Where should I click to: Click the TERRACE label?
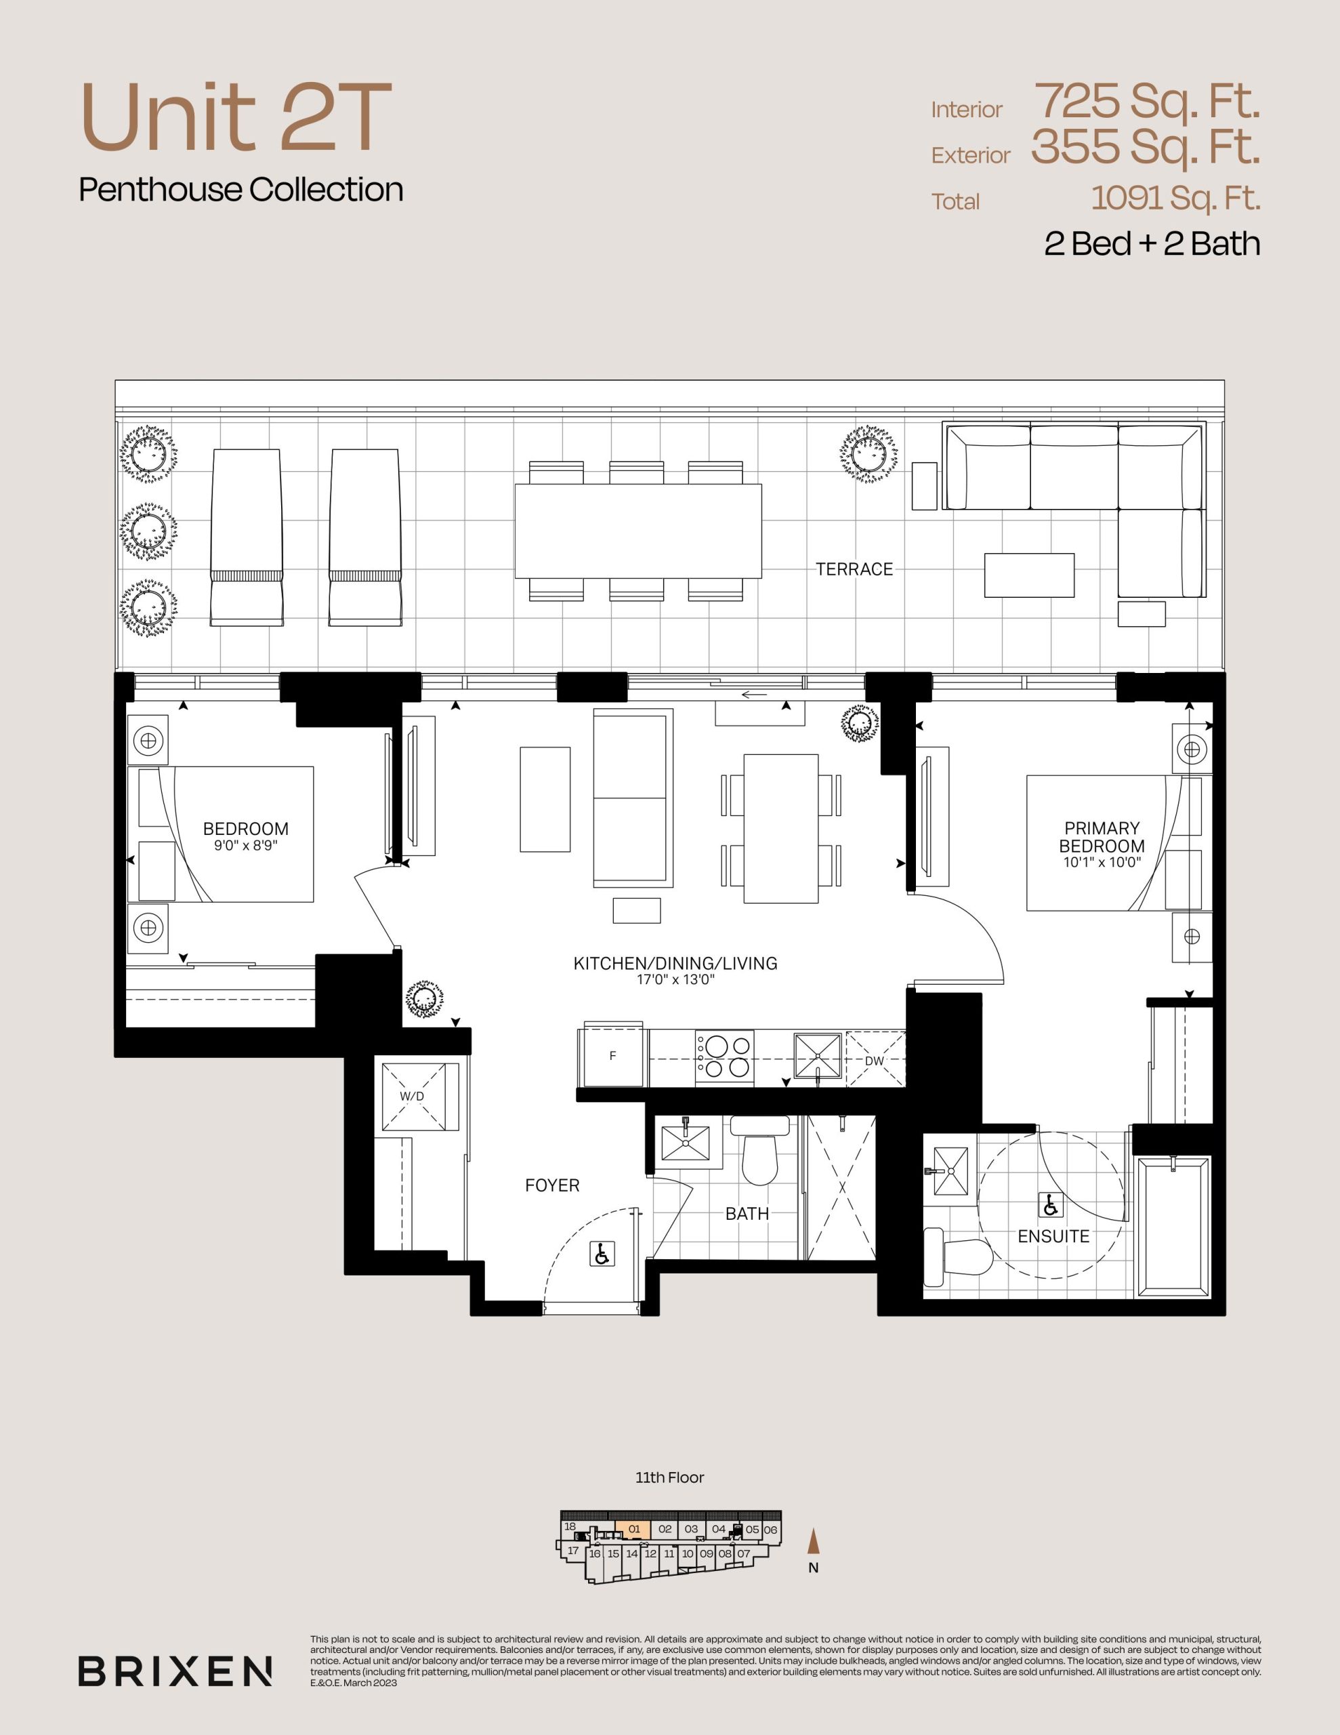(854, 569)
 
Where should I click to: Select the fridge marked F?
(613, 1057)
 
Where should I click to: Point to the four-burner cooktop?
(724, 1057)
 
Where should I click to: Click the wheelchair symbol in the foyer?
(602, 1254)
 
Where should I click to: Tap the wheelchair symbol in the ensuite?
(1050, 1205)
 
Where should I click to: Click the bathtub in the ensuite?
(1173, 1227)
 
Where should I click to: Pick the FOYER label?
(552, 1185)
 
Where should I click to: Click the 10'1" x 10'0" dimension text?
(1102, 862)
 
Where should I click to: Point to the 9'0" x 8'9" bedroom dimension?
(245, 845)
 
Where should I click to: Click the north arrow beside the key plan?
(812, 1540)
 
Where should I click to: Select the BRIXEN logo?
(175, 1671)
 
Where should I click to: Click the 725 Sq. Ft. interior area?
(1147, 101)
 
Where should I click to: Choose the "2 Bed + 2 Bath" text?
(1152, 243)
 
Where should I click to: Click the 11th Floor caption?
(669, 1477)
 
